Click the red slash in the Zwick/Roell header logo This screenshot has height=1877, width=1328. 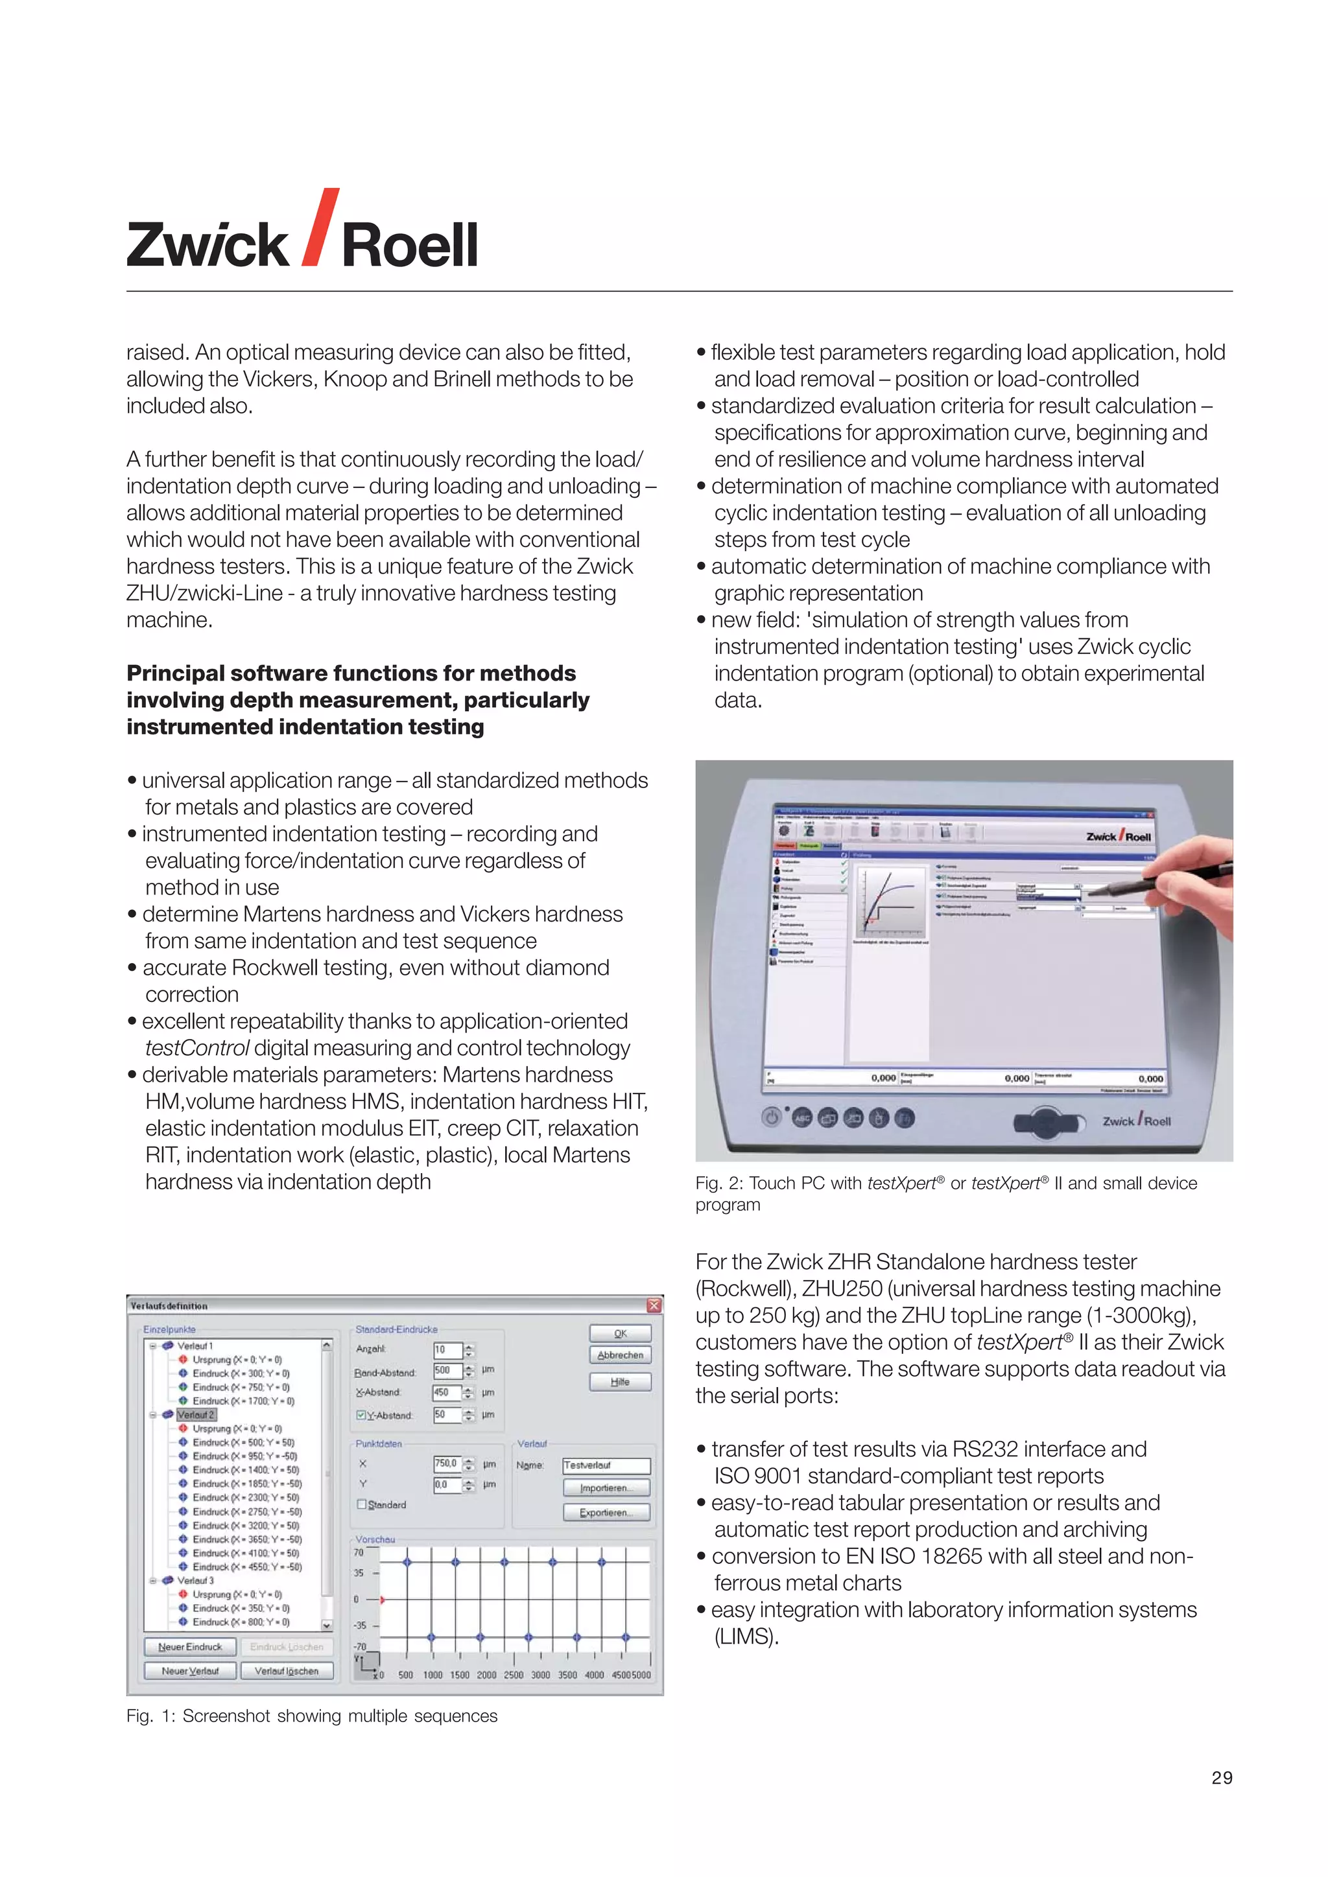click(x=320, y=227)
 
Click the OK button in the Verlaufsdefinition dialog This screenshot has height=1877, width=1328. click(x=620, y=1333)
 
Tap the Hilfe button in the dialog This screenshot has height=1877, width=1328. click(x=620, y=1382)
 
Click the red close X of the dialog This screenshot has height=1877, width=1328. click(x=654, y=1305)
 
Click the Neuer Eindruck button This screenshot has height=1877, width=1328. click(x=190, y=1646)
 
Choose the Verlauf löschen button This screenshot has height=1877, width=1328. click(x=286, y=1671)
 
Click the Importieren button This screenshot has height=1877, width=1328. click(x=605, y=1488)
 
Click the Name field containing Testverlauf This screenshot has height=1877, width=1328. click(x=605, y=1465)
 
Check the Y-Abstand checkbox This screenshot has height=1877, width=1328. click(x=361, y=1415)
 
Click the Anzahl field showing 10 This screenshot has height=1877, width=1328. click(x=447, y=1349)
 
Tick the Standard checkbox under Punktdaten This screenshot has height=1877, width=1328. click(x=361, y=1504)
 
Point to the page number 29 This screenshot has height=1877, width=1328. click(x=1222, y=1777)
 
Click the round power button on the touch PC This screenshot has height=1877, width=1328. click(x=771, y=1117)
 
